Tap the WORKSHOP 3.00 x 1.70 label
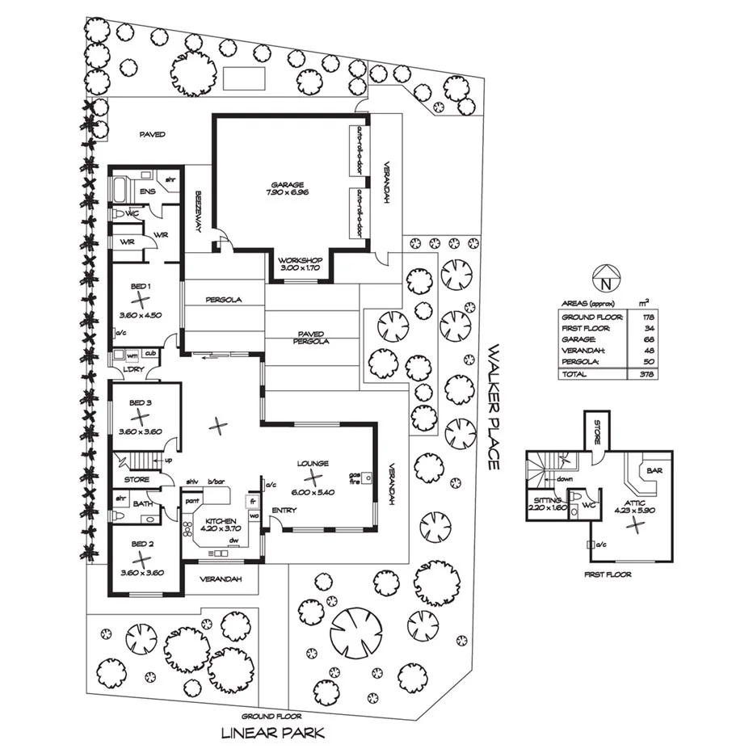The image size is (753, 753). (x=300, y=263)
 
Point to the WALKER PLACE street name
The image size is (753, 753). (x=494, y=408)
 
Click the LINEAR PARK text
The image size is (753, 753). (x=274, y=734)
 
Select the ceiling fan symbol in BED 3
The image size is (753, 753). (x=141, y=417)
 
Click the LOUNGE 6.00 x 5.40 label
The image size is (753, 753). (x=312, y=469)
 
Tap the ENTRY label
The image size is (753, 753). (x=284, y=510)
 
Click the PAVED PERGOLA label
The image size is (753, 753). (x=310, y=337)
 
